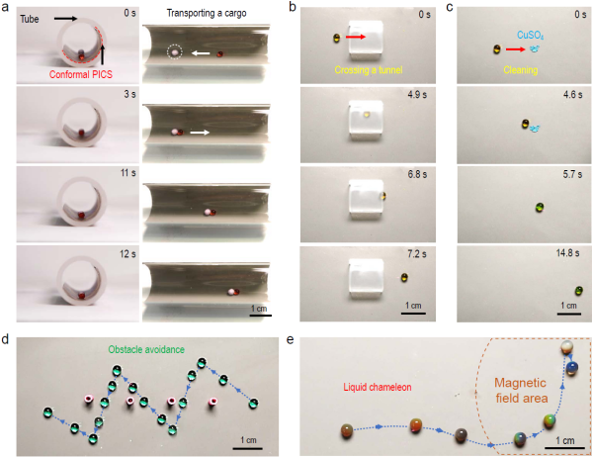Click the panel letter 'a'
click(x=7, y=7)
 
